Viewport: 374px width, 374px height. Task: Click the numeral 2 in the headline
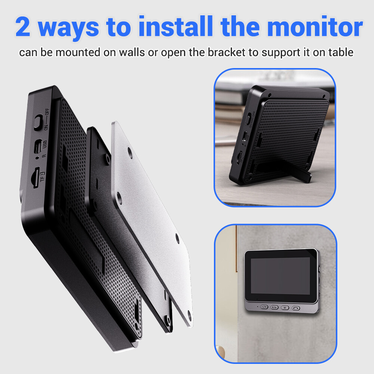tap(23, 27)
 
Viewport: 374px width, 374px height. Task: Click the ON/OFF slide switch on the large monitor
tap(38, 122)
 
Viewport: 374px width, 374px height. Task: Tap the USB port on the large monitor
tap(38, 146)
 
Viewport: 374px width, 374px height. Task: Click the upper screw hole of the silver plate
tap(129, 151)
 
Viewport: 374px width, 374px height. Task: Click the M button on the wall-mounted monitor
tap(285, 307)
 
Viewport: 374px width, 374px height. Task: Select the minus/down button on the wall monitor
tap(264, 307)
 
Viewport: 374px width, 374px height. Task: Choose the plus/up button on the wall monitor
tap(275, 307)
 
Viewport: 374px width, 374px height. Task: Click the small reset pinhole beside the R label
tap(37, 158)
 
